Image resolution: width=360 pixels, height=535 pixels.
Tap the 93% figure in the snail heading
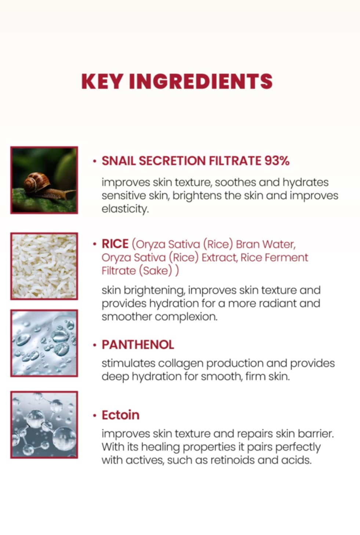(277, 161)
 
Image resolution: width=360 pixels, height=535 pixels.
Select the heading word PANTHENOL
(138, 345)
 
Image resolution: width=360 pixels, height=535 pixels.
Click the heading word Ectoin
(121, 415)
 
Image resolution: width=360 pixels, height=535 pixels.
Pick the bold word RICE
(115, 244)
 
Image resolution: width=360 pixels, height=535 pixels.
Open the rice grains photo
(44, 266)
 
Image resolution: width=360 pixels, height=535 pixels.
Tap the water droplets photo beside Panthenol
(44, 343)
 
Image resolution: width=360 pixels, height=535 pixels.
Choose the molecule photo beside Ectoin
(44, 425)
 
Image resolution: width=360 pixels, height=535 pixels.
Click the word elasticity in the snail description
(125, 209)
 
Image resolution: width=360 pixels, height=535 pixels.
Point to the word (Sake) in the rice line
(156, 271)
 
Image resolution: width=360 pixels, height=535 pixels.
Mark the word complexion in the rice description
(186, 317)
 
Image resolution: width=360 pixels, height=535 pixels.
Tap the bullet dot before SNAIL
(95, 161)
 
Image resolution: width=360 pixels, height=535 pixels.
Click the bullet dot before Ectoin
(95, 416)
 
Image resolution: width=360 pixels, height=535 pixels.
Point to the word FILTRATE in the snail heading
(235, 161)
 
